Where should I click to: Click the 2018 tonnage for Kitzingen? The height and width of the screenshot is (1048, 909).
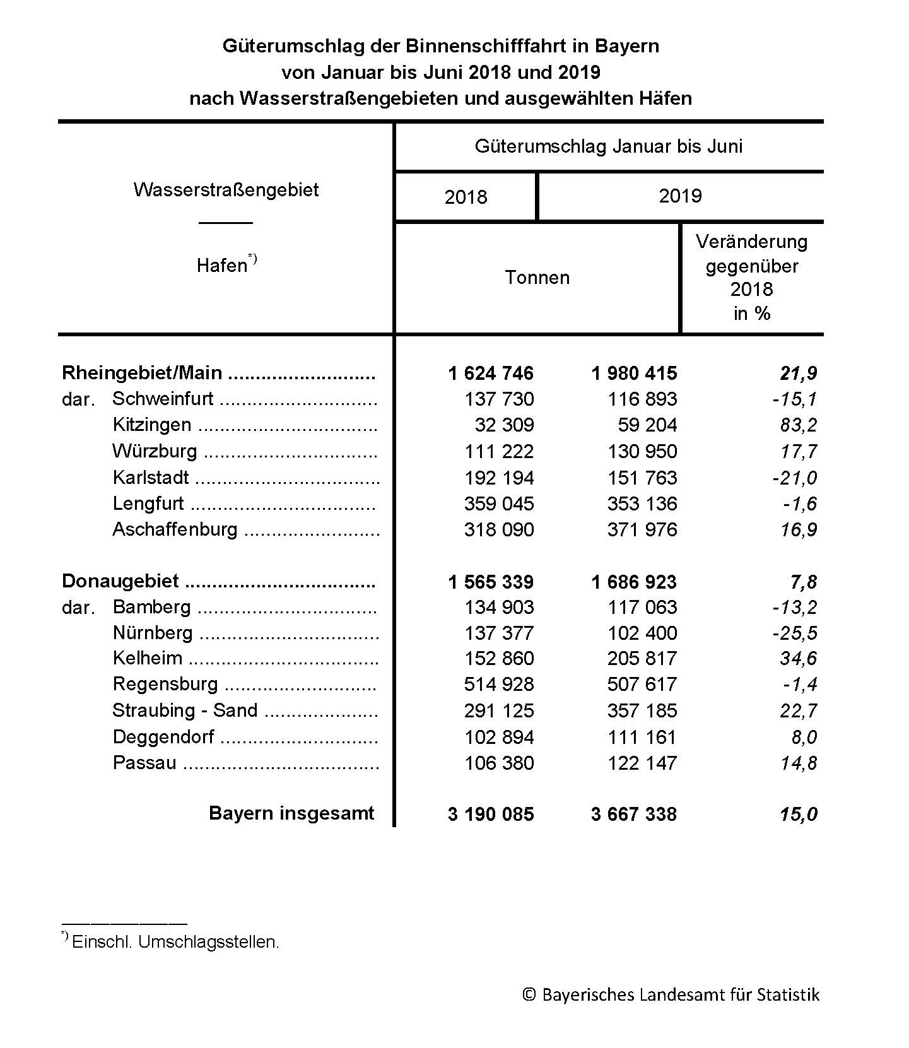pyautogui.click(x=504, y=425)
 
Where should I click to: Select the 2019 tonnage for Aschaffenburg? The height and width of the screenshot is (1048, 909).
pyautogui.click(x=642, y=529)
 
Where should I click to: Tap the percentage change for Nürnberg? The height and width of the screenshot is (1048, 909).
pyautogui.click(x=794, y=633)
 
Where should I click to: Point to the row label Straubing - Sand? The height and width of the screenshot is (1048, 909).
pyautogui.click(x=185, y=710)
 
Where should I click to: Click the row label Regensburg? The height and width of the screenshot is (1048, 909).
pyautogui.click(x=165, y=684)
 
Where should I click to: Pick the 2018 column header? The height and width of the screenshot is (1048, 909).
pyautogui.click(x=466, y=197)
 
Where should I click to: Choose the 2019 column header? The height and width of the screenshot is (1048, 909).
pyautogui.click(x=680, y=196)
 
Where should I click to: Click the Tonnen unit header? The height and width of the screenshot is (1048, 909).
pyautogui.click(x=537, y=278)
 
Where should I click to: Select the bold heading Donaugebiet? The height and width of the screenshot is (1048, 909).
pyautogui.click(x=120, y=581)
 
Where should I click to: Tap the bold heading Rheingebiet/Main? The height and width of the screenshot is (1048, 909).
pyautogui.click(x=142, y=373)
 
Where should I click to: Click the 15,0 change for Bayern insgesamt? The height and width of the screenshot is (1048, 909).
pyautogui.click(x=798, y=814)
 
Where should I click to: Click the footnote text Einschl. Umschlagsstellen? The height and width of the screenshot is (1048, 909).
pyautogui.click(x=175, y=942)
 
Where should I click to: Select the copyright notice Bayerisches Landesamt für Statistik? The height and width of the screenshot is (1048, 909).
pyautogui.click(x=671, y=995)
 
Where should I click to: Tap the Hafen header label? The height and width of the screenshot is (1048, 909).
pyautogui.click(x=222, y=266)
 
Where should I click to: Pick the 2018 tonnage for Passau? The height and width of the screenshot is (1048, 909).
pyautogui.click(x=499, y=763)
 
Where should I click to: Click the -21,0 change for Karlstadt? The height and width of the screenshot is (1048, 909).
pyautogui.click(x=794, y=478)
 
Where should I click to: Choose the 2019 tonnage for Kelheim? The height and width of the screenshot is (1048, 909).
pyautogui.click(x=642, y=659)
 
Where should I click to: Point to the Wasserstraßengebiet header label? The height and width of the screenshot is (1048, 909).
pyautogui.click(x=226, y=190)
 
